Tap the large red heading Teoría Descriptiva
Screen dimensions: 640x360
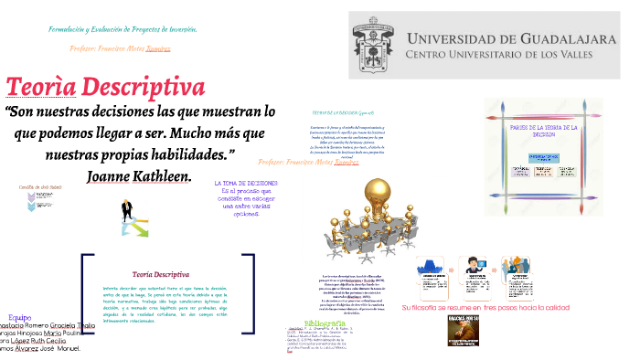(x=105, y=88)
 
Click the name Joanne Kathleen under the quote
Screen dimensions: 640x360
(x=138, y=175)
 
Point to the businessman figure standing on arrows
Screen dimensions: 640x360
(x=132, y=217)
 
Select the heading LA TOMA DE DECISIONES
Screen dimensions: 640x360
(x=246, y=183)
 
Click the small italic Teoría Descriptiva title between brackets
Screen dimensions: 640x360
(x=161, y=273)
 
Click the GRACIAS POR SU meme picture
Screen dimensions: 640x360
(x=464, y=331)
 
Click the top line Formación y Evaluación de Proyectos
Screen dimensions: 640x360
(x=123, y=29)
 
